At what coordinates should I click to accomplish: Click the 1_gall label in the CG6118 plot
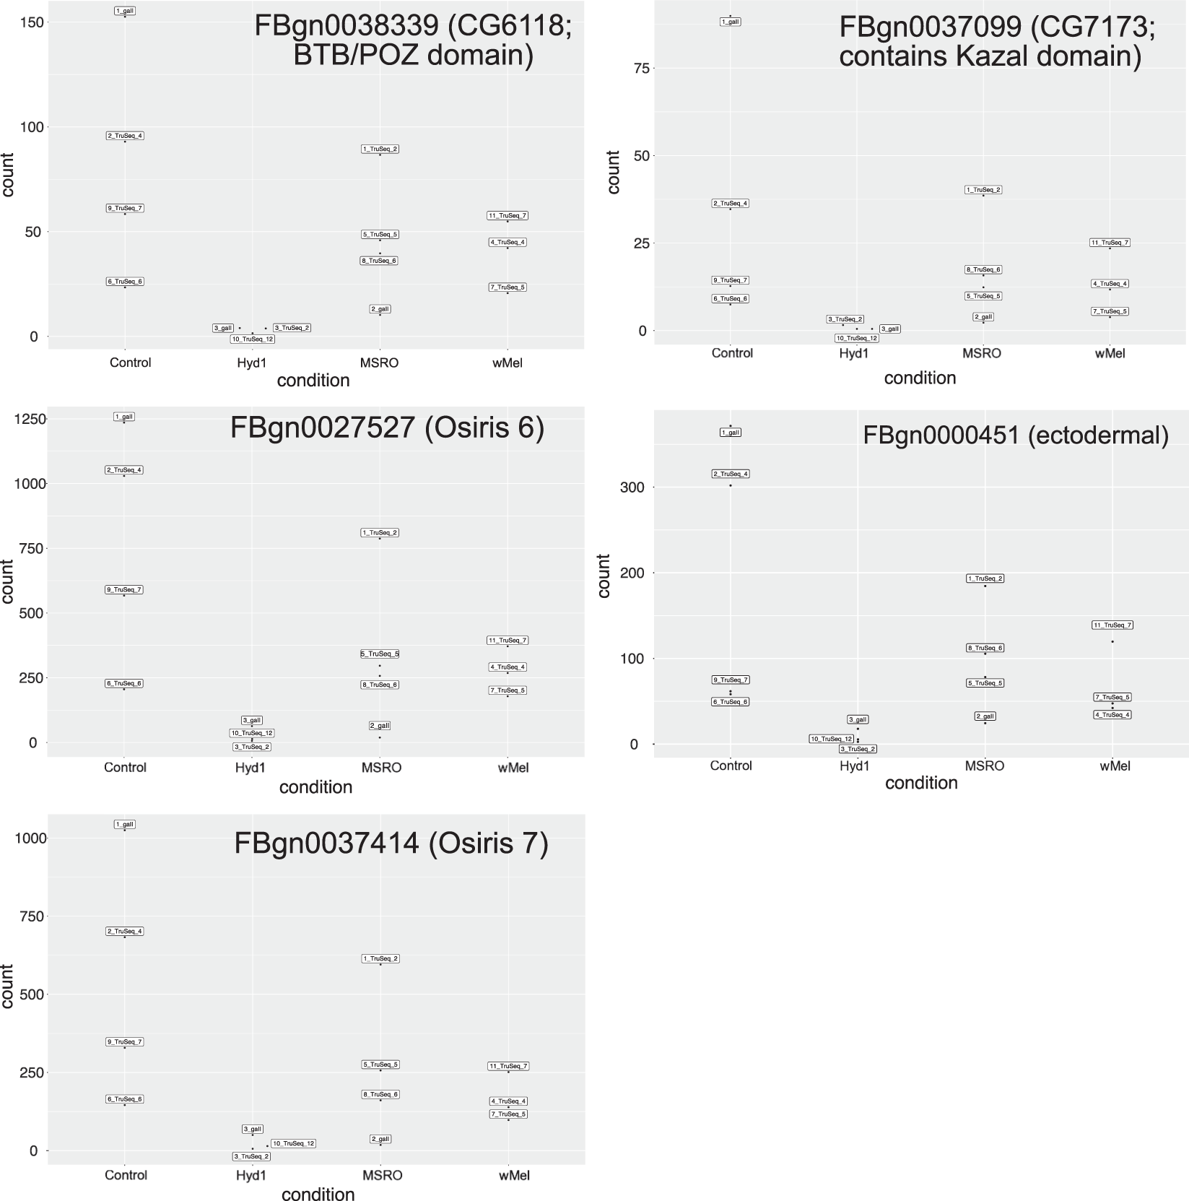[x=125, y=11]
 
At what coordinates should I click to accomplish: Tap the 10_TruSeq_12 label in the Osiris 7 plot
[x=293, y=1143]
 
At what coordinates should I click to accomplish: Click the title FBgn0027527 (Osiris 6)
[x=387, y=428]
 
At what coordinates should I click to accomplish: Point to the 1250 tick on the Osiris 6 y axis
[x=30, y=419]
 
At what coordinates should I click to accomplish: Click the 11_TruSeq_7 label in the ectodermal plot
[x=1112, y=625]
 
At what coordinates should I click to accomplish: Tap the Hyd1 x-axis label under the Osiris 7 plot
[x=251, y=1175]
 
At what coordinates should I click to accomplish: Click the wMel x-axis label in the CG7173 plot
[x=1110, y=353]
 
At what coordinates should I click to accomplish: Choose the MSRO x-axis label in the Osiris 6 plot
[x=381, y=767]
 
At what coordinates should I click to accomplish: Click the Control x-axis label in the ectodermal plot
[x=731, y=766]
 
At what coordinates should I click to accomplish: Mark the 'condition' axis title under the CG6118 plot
[x=313, y=380]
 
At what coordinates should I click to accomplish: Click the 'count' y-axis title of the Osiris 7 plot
[x=8, y=986]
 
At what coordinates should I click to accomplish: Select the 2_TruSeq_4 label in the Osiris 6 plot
[x=125, y=470]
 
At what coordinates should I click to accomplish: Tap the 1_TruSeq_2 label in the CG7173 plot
[x=983, y=190]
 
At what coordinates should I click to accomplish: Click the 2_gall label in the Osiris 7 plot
[x=380, y=1139]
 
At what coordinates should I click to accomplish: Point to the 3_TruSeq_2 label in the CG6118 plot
[x=292, y=328]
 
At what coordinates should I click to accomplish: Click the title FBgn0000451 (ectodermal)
[x=1015, y=435]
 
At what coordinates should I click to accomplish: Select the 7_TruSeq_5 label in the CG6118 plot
[x=508, y=287]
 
